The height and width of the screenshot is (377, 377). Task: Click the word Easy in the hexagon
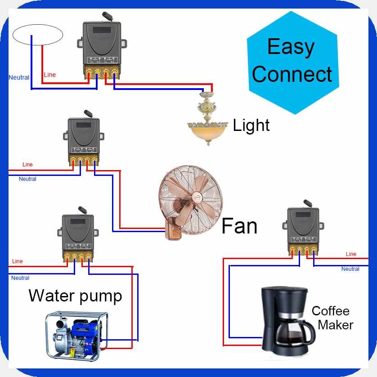point(291,46)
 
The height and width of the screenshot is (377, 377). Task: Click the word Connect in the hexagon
point(292,74)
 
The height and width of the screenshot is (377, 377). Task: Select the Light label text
point(251,125)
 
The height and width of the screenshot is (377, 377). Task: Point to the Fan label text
point(239,225)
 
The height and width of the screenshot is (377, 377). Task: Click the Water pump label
point(75,296)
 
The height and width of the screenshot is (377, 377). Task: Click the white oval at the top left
point(37,35)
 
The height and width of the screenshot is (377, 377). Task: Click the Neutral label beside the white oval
point(19,77)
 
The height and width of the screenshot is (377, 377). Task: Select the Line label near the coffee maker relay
point(351,254)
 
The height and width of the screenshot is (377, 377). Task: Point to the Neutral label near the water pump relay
point(20,278)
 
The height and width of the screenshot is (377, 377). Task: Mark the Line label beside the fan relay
point(27,165)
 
